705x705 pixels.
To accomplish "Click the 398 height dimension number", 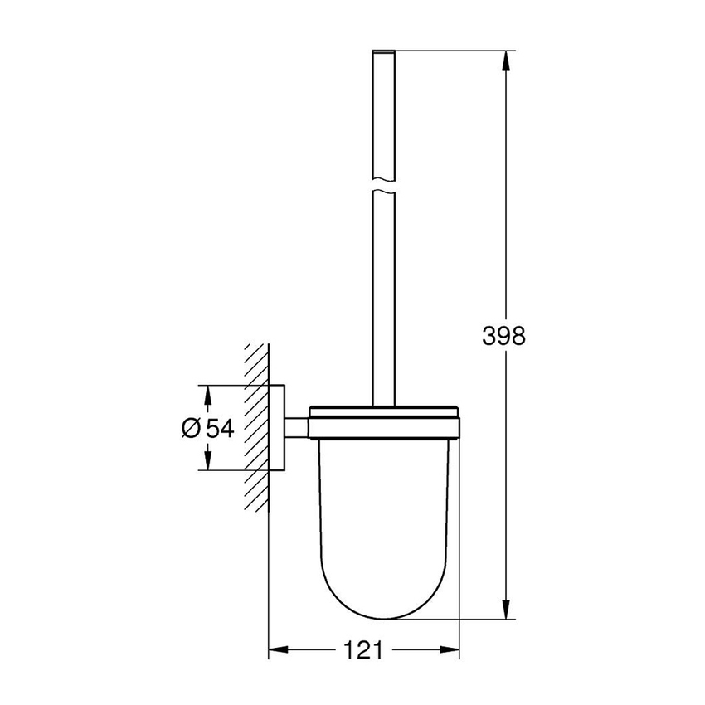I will [504, 335].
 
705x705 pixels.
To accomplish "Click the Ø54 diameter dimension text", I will [207, 428].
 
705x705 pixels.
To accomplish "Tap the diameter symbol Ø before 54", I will [190, 428].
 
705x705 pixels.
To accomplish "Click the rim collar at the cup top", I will [384, 421].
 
